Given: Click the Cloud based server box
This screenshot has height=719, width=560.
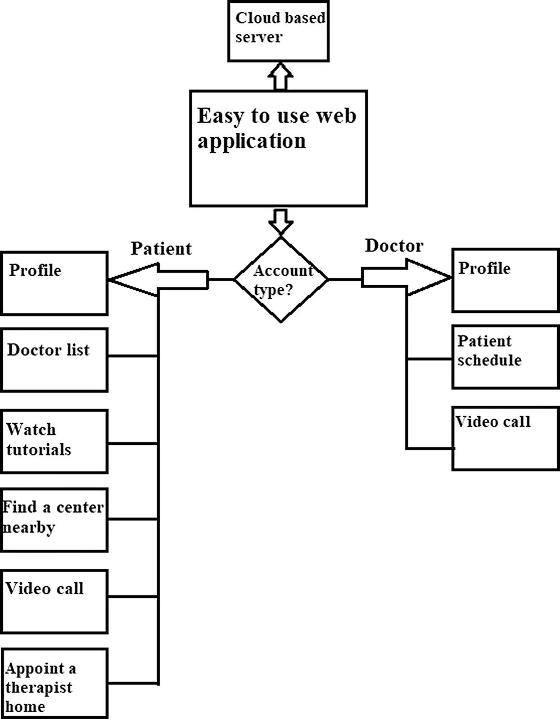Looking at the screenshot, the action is click(x=278, y=31).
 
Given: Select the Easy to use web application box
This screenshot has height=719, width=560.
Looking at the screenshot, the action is click(x=278, y=148).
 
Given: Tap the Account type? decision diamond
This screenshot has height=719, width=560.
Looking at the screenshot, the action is click(x=281, y=279).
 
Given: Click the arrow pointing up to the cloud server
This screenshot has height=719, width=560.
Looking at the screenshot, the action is click(x=281, y=76).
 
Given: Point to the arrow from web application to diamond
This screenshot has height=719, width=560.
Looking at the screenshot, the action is click(x=281, y=221).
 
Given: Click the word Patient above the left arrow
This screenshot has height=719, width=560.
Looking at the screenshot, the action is click(x=161, y=249).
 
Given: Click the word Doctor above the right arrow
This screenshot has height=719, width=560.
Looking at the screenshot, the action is click(x=394, y=246).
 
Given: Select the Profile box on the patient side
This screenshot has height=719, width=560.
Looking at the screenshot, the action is click(x=54, y=283).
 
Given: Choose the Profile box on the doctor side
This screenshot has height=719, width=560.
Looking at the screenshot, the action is click(x=506, y=281).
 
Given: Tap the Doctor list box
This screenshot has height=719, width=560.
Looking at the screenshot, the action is click(x=54, y=360).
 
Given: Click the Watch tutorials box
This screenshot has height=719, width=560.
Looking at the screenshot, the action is click(x=54, y=442).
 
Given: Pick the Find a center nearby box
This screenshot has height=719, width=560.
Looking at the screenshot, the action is click(x=54, y=520).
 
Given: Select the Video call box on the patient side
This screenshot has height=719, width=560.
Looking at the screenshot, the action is click(x=54, y=601).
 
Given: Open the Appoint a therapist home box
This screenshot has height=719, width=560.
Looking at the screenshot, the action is click(x=54, y=684).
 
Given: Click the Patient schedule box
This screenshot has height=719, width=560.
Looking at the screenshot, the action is click(x=506, y=357).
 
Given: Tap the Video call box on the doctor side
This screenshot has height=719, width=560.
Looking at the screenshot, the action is click(x=506, y=438).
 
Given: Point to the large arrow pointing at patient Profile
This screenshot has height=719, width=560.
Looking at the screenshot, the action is click(x=158, y=280).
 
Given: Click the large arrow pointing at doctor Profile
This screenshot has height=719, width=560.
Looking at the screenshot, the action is click(x=407, y=277).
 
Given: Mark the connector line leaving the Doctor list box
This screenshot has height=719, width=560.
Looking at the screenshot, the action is click(x=133, y=356).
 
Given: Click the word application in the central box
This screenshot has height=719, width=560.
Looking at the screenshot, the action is click(x=251, y=141).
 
